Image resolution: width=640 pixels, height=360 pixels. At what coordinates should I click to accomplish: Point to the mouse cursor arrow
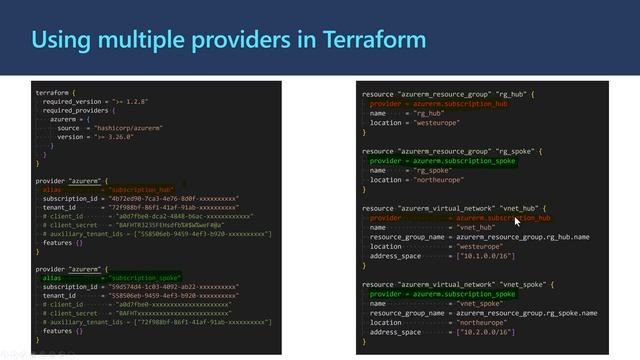pyautogui.click(x=516, y=221)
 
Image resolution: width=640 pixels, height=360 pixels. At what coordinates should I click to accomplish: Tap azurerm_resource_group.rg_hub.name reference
pyautogui.click(x=522, y=237)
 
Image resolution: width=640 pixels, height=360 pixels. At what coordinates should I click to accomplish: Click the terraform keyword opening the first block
pyautogui.click(x=54, y=92)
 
